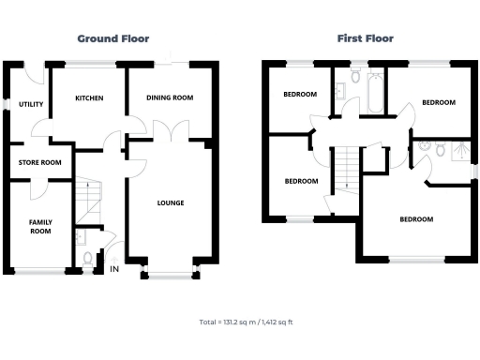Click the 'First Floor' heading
pyautogui.click(x=365, y=38)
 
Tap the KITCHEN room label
pyautogui.click(x=88, y=98)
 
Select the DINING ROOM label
pyautogui.click(x=170, y=97)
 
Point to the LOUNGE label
pyautogui.click(x=170, y=202)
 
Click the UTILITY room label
pyautogui.click(x=31, y=104)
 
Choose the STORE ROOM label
pyautogui.click(x=39, y=162)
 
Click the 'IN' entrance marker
pyautogui.click(x=114, y=270)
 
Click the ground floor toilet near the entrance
pyautogui.click(x=87, y=256)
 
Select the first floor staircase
pyautogui.click(x=346, y=169)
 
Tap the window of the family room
pyautogui.click(x=37, y=271)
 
